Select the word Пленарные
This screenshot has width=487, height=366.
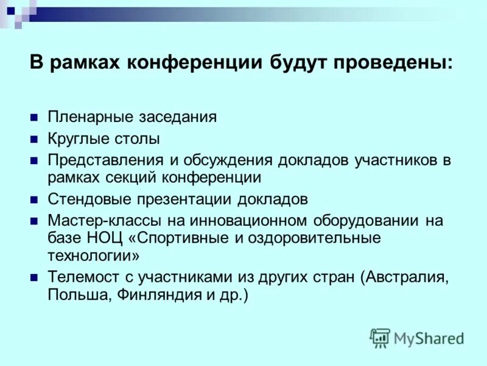click(x=85, y=118)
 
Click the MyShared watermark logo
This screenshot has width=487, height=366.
click(x=417, y=337)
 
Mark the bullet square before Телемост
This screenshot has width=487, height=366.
click(x=35, y=277)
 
